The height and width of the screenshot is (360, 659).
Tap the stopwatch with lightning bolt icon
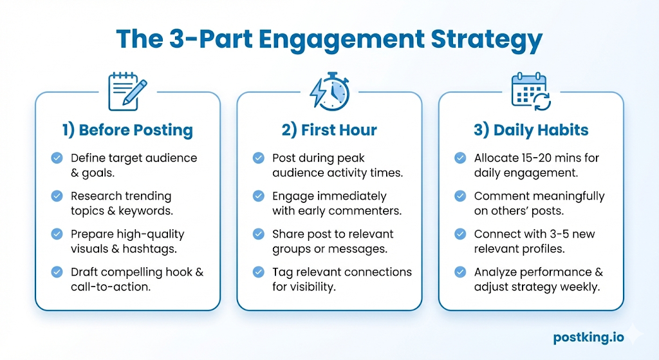329,91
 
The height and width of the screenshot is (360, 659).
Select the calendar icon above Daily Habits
530,91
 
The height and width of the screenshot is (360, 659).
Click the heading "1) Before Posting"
127,130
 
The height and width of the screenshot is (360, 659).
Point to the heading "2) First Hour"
329,130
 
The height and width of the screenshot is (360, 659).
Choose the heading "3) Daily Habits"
531,130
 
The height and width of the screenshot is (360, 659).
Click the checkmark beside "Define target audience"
57,158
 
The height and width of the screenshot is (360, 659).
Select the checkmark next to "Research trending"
57,196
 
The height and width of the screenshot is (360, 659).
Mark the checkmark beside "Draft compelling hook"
57,272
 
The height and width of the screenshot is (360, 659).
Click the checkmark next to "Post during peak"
259,158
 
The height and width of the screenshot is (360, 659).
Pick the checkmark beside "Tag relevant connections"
259,272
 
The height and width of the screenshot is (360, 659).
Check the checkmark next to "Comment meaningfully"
460,196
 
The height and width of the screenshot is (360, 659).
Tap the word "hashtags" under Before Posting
158,249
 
